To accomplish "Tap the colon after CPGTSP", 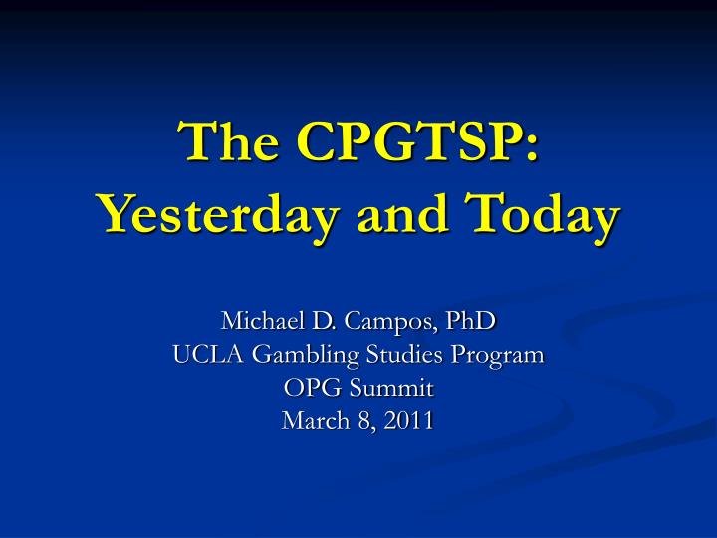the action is point(532,146).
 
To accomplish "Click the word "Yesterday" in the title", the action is point(218,214).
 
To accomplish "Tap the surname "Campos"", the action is point(387,322).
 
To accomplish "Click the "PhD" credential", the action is point(471,320).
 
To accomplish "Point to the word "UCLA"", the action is point(208,355).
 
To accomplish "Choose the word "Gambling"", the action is point(306,356).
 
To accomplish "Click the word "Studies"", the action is point(405,355).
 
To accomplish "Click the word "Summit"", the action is point(391,388).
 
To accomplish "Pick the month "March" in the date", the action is point(316,420).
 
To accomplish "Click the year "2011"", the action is point(409,421).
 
